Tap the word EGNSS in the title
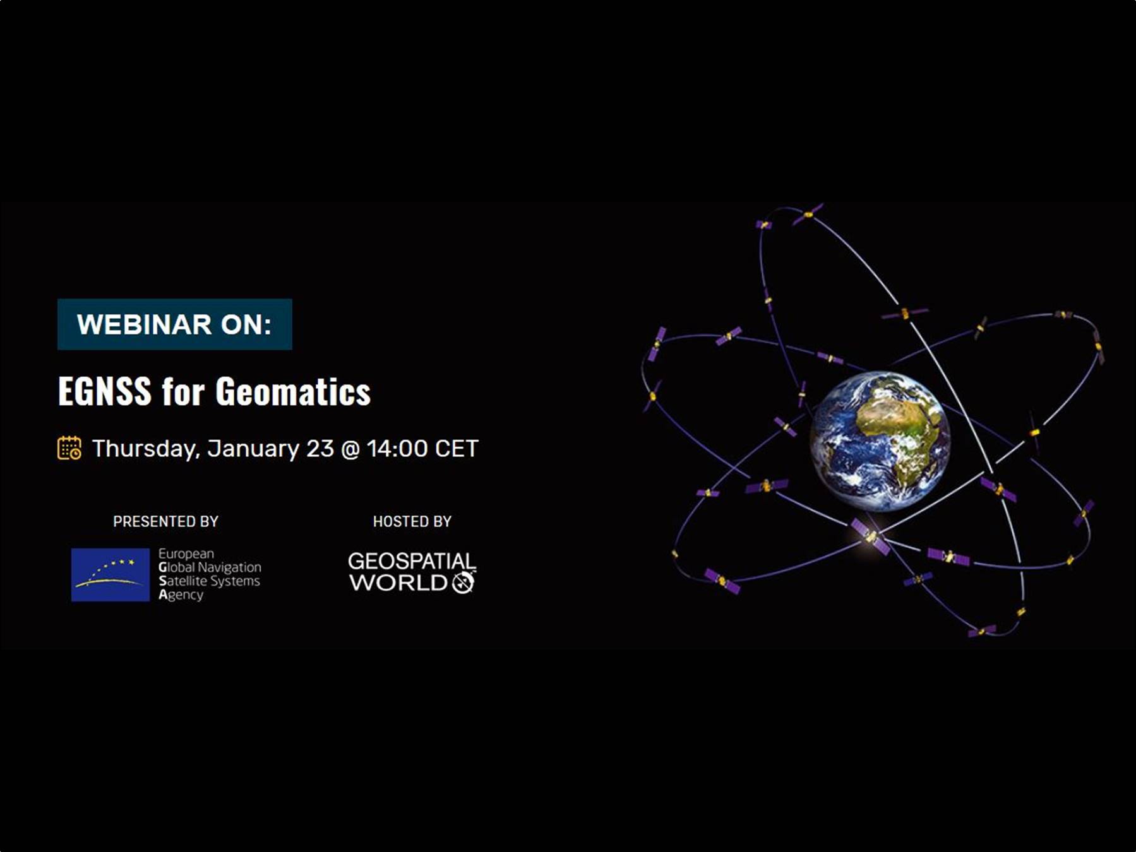point(105,391)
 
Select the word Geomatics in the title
point(293,391)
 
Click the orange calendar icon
point(69,448)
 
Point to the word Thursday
point(146,449)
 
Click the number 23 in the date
point(320,449)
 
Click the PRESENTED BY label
point(165,521)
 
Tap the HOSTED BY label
point(412,521)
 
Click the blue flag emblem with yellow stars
point(111,575)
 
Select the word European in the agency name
point(186,554)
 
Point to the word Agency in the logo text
point(181,595)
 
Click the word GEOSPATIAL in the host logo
point(412,561)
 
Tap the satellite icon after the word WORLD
point(463,582)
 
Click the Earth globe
point(880,441)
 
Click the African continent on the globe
point(904,429)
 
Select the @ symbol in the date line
point(350,449)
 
